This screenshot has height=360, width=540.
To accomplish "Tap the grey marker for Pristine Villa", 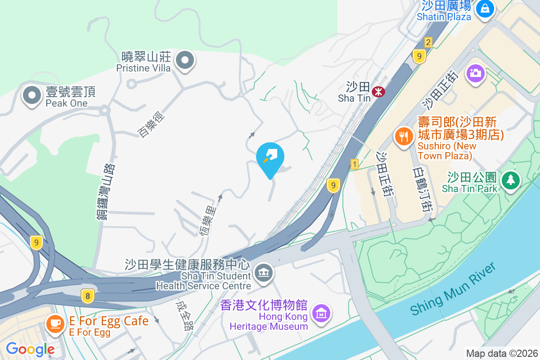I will [x=184, y=60].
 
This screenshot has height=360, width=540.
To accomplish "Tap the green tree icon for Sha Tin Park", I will [x=510, y=180].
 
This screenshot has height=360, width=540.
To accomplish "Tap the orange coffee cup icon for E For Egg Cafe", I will [x=55, y=324].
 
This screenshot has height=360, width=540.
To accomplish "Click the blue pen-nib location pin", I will [x=270, y=157].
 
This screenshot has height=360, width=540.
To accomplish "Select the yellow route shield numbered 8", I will [x=88, y=296].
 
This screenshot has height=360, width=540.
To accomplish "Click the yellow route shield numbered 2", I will [x=428, y=42].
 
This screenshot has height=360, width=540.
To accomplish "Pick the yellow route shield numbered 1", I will [x=355, y=165].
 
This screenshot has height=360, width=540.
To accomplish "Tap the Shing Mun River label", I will [x=453, y=289].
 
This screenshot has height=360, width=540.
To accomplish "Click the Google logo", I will [x=30, y=349].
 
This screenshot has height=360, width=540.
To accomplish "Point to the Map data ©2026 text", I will [x=501, y=353].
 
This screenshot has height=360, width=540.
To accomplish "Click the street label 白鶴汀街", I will [x=422, y=189].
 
